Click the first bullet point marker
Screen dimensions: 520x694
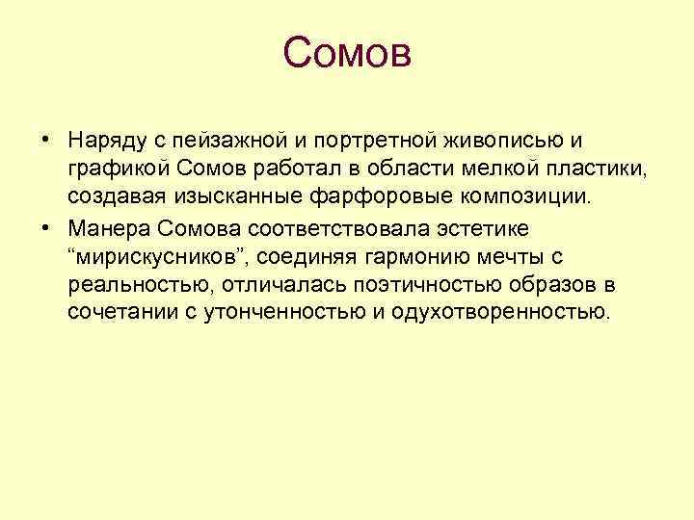coord(46,141)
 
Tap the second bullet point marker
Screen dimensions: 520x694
coord(46,230)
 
